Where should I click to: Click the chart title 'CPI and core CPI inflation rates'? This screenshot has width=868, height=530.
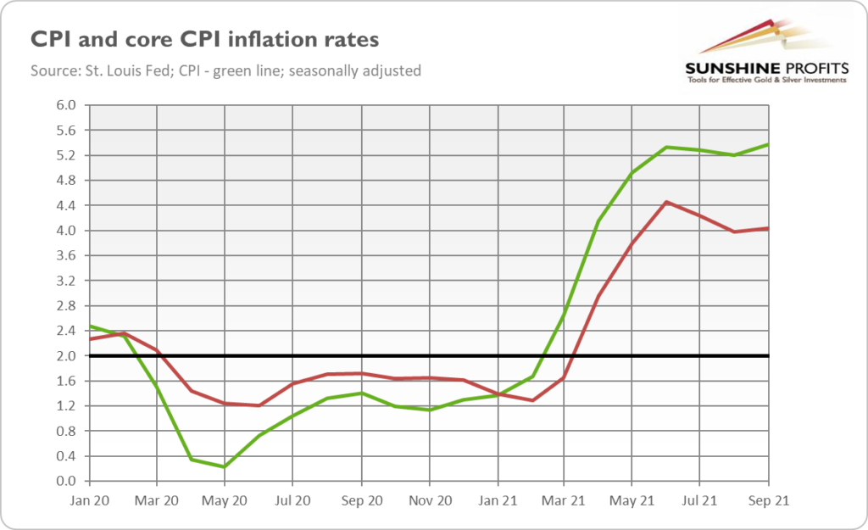point(204,40)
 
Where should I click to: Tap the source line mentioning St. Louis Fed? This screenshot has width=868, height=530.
point(226,71)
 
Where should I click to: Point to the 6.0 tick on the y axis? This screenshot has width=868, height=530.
point(66,105)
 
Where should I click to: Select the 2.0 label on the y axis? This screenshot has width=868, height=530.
point(66,356)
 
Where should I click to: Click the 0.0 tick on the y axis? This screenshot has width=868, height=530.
point(66,481)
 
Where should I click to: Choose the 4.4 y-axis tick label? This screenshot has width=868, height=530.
point(66,205)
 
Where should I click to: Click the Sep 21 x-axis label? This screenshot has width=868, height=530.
point(768,501)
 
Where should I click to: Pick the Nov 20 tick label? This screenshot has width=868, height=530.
point(428,501)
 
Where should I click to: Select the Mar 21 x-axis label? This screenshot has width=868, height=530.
point(565,501)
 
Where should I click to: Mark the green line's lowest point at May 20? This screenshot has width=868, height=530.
point(225,466)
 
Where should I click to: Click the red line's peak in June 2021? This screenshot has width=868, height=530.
point(666,202)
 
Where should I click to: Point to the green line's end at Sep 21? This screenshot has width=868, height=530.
point(767,144)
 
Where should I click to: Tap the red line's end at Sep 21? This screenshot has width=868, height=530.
point(767,228)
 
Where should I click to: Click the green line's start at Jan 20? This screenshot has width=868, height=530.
point(90,326)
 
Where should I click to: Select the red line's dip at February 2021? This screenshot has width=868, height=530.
point(531,400)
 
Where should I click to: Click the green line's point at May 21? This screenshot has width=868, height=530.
point(632,173)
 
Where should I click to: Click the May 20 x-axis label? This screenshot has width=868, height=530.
point(225,501)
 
